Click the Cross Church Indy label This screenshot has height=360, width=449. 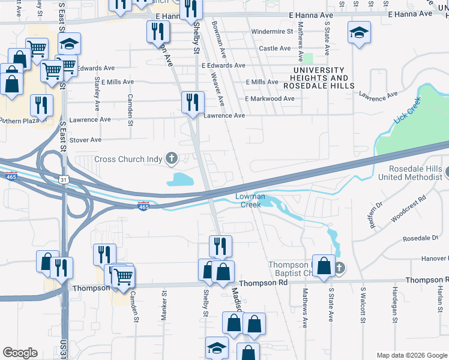point(128,160)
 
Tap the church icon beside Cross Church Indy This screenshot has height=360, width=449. point(172,159)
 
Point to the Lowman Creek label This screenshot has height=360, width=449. point(250,200)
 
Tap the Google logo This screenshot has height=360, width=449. point(20,353)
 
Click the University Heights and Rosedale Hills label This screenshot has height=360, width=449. point(320,74)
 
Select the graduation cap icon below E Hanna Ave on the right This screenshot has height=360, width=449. point(359,33)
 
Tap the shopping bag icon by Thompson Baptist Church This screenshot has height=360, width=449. point(324,267)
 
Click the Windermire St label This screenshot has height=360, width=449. point(272,31)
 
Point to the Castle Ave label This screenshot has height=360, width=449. point(274,48)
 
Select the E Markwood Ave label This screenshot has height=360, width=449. point(270,98)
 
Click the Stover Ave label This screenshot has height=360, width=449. point(86,140)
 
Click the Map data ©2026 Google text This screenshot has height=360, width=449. point(411,355)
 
